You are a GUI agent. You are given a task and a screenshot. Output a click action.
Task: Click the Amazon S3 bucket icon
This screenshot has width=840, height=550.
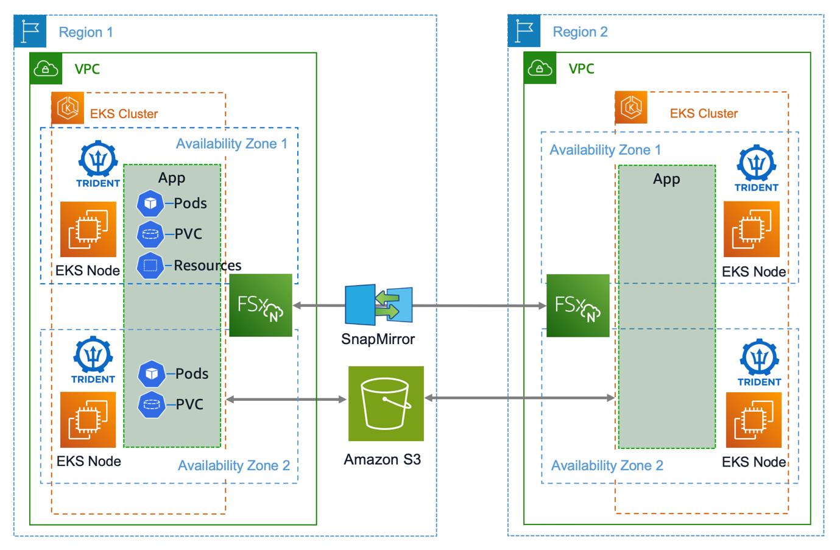pyautogui.click(x=386, y=403)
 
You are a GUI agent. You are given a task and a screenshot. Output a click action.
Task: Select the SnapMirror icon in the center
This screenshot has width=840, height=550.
pyautogui.click(x=379, y=305)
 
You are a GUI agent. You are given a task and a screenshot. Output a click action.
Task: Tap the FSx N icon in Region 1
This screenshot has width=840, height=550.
pyautogui.click(x=261, y=305)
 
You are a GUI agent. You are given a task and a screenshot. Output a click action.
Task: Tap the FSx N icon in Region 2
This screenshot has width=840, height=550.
pyautogui.click(x=577, y=305)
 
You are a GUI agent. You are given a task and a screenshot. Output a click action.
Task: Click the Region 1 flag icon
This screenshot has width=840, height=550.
pyautogui.click(x=30, y=31)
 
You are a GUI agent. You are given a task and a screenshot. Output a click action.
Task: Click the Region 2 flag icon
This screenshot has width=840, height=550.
pyautogui.click(x=524, y=31)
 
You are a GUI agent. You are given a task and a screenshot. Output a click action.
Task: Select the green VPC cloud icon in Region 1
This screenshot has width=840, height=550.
pyautogui.click(x=46, y=69)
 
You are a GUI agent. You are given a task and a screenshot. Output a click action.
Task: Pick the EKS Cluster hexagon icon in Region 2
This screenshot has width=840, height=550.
pyautogui.click(x=631, y=108)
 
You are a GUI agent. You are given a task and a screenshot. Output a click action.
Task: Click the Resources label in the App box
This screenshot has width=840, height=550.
pyautogui.click(x=207, y=266)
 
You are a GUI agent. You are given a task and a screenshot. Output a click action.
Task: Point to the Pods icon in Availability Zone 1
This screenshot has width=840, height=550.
pyautogui.click(x=150, y=203)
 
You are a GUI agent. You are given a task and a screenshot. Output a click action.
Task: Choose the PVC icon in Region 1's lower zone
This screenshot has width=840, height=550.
pyautogui.click(x=151, y=404)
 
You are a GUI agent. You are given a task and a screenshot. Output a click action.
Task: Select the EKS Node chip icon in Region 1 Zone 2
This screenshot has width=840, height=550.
pyautogui.click(x=88, y=420)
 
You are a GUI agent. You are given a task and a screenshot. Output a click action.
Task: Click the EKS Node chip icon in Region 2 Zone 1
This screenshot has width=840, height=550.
pyautogui.click(x=751, y=230)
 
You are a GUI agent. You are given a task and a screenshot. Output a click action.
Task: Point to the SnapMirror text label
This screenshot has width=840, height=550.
pyautogui.click(x=378, y=339)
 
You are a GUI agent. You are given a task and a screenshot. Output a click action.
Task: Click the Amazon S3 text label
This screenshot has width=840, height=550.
pyautogui.click(x=382, y=459)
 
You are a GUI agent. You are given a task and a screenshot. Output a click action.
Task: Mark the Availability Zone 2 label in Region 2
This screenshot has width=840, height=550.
pyautogui.click(x=607, y=465)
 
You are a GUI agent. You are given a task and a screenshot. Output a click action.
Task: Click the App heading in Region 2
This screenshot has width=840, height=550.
pyautogui.click(x=666, y=179)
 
